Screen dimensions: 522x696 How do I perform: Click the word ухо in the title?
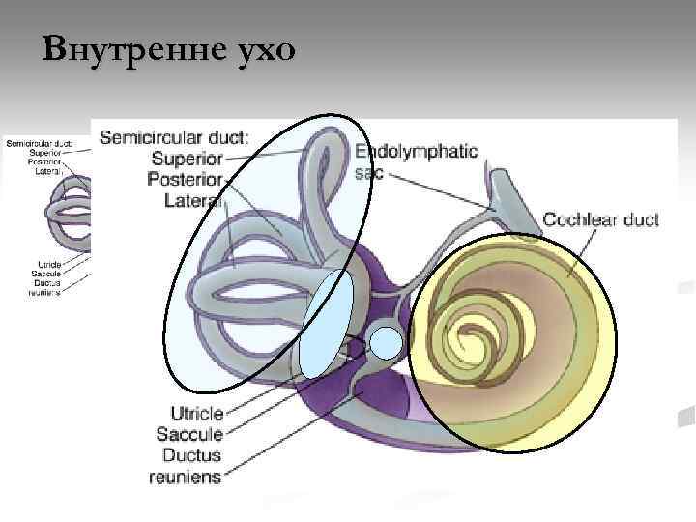262,48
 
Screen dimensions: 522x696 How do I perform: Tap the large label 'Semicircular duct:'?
174,138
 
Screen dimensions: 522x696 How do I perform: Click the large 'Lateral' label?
193,201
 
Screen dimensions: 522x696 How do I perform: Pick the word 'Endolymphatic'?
417,152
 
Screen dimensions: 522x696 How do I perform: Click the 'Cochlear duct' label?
600,219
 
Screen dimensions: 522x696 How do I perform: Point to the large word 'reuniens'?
184,477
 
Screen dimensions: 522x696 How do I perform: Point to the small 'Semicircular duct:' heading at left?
43,143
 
